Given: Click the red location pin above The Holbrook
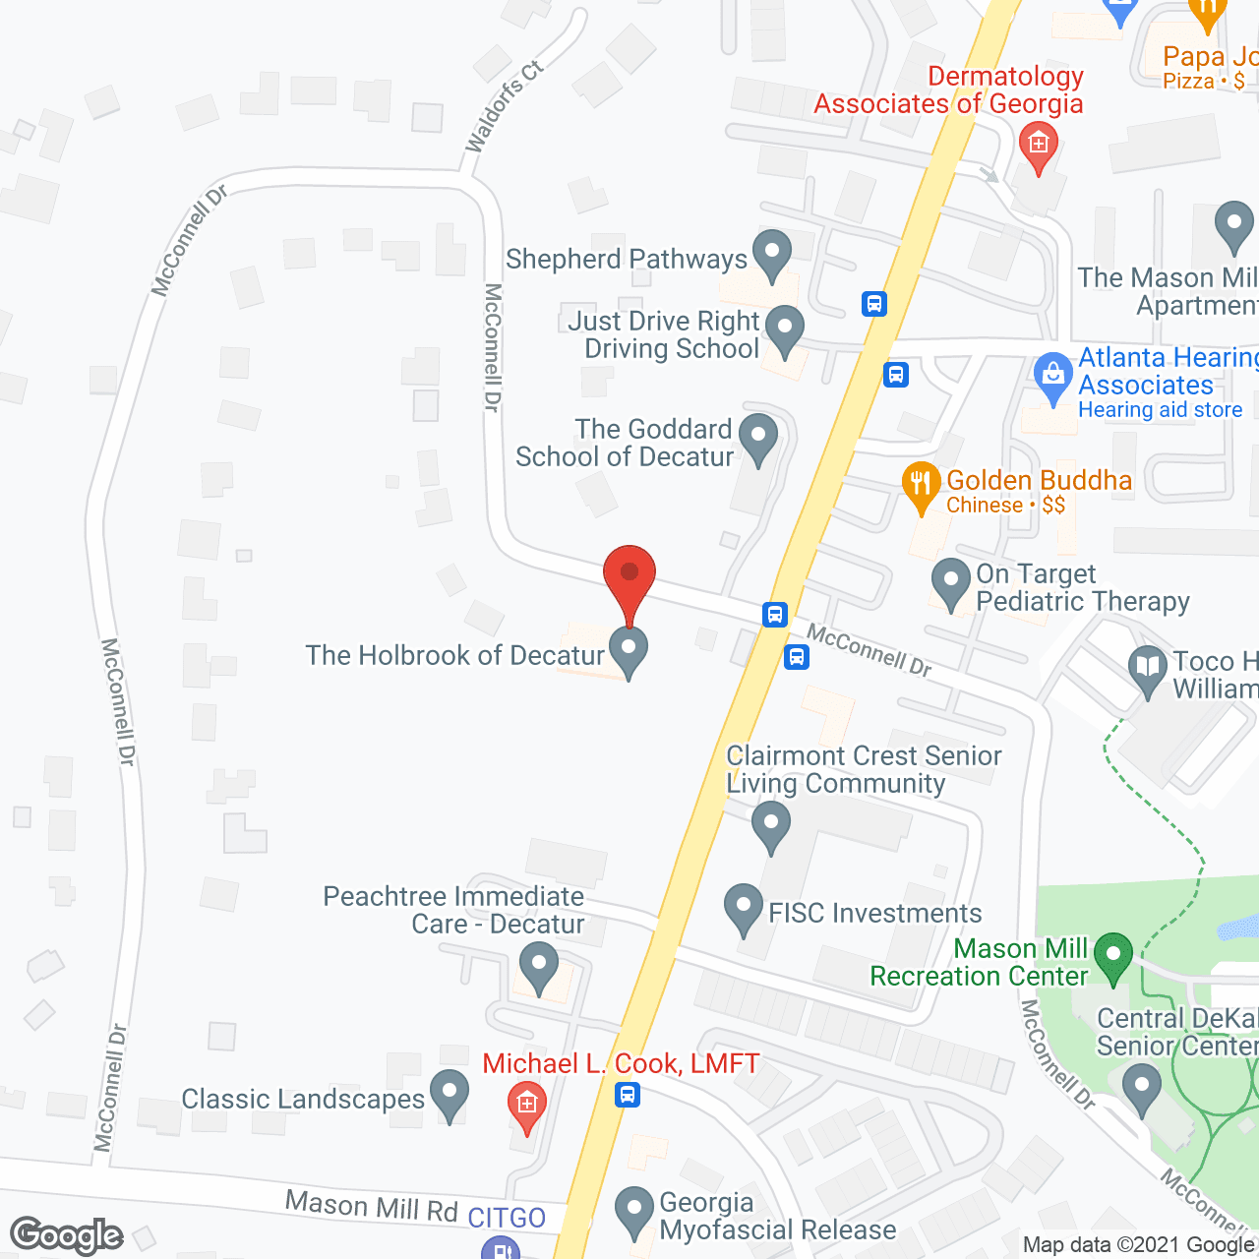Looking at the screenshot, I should [x=629, y=575].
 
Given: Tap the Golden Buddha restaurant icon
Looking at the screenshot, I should [x=921, y=483].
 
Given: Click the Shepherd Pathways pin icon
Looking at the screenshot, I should [x=772, y=253].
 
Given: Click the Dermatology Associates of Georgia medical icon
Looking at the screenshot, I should [x=1038, y=145].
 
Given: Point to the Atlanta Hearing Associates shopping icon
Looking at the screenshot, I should [x=1053, y=376].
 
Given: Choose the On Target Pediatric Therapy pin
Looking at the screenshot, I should [x=951, y=581].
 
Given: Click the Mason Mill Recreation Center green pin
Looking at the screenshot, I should [x=1113, y=955].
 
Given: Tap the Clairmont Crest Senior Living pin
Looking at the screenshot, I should [x=771, y=824].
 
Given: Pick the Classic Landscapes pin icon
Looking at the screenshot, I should [x=450, y=1093].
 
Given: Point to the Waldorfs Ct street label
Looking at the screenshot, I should [x=503, y=106].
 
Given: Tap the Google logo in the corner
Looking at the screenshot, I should [x=67, y=1235].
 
